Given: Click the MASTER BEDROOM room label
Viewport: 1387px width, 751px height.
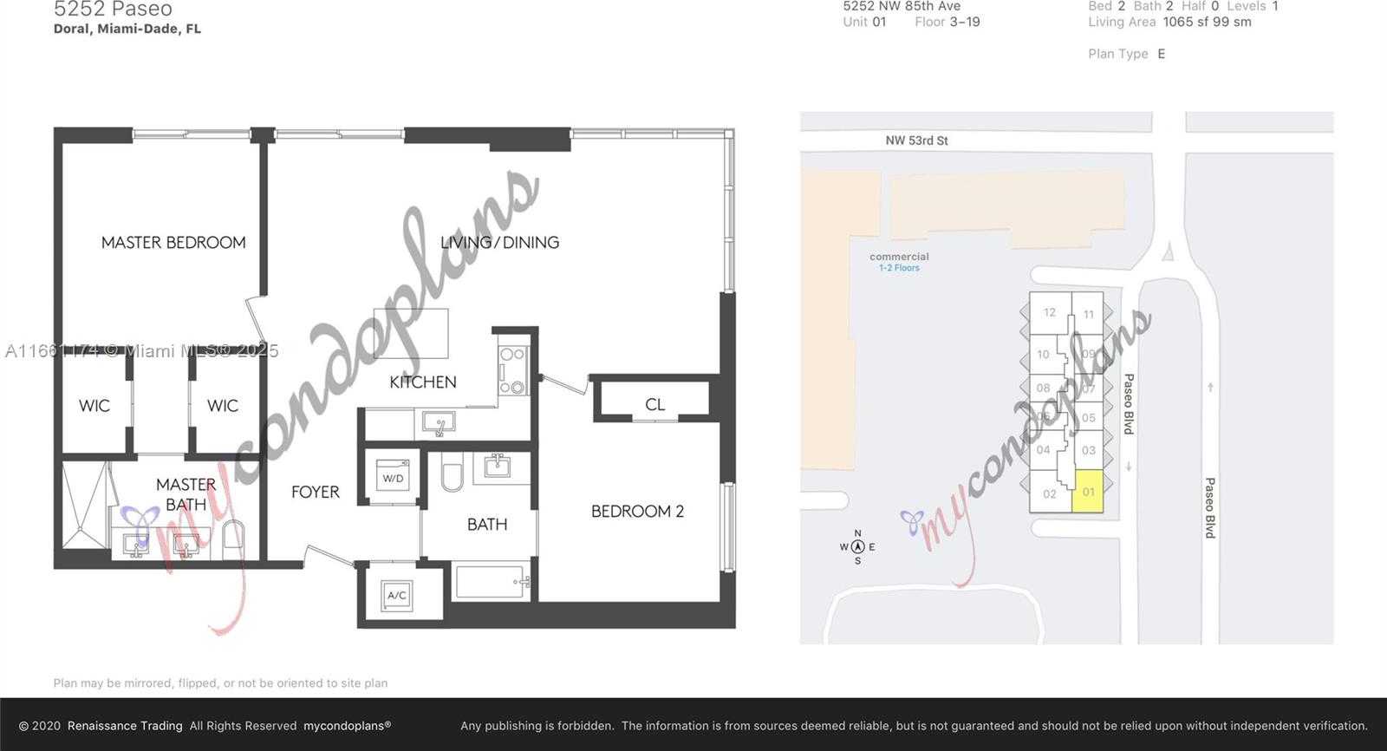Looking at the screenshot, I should point(173,243).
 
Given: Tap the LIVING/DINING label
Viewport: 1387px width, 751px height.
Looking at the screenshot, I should point(499,243).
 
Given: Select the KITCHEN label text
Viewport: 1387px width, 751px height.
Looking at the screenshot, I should point(422,382).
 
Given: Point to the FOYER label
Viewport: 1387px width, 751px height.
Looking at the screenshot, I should point(315,492).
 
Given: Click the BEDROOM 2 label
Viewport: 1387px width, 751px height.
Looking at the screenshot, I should point(637,512).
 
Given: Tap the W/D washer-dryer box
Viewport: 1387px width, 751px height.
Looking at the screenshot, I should point(393,478).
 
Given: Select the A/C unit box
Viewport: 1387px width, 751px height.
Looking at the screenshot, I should point(396,595).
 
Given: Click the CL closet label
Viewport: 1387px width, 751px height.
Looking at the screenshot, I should point(654,404).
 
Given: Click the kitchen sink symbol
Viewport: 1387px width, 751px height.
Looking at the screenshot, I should point(439,423).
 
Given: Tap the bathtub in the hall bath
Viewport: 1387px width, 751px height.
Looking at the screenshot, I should point(491,582).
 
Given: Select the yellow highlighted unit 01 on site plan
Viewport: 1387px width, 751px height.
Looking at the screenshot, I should point(1088,492).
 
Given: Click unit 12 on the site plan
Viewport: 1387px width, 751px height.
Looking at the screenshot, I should point(1049,312).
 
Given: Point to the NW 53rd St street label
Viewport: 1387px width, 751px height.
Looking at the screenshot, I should point(916,140).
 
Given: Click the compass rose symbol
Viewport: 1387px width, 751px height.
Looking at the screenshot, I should point(857,546).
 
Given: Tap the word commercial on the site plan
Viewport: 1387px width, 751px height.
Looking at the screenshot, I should point(899,257).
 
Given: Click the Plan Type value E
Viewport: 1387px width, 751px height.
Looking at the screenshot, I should point(1161,54).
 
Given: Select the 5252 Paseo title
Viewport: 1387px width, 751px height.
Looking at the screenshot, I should point(113,10).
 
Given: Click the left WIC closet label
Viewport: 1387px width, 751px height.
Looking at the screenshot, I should point(94,406).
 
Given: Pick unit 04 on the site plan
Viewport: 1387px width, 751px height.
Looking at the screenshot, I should point(1043,450).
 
